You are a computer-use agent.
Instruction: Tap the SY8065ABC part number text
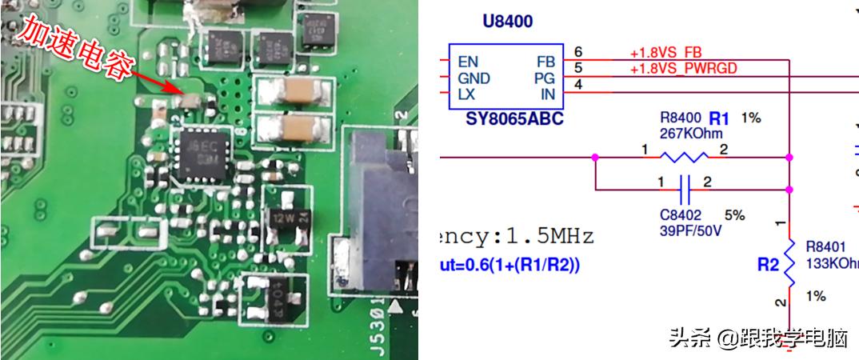pos(514,119)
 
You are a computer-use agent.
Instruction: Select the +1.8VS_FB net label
pos(666,53)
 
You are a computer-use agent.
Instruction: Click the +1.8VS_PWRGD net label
pos(683,68)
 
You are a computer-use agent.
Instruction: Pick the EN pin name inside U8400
pos(468,62)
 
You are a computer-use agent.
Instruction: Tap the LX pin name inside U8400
pos(467,94)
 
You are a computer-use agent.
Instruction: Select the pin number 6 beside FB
pos(578,52)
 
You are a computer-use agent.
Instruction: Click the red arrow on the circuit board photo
pos(154,78)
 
